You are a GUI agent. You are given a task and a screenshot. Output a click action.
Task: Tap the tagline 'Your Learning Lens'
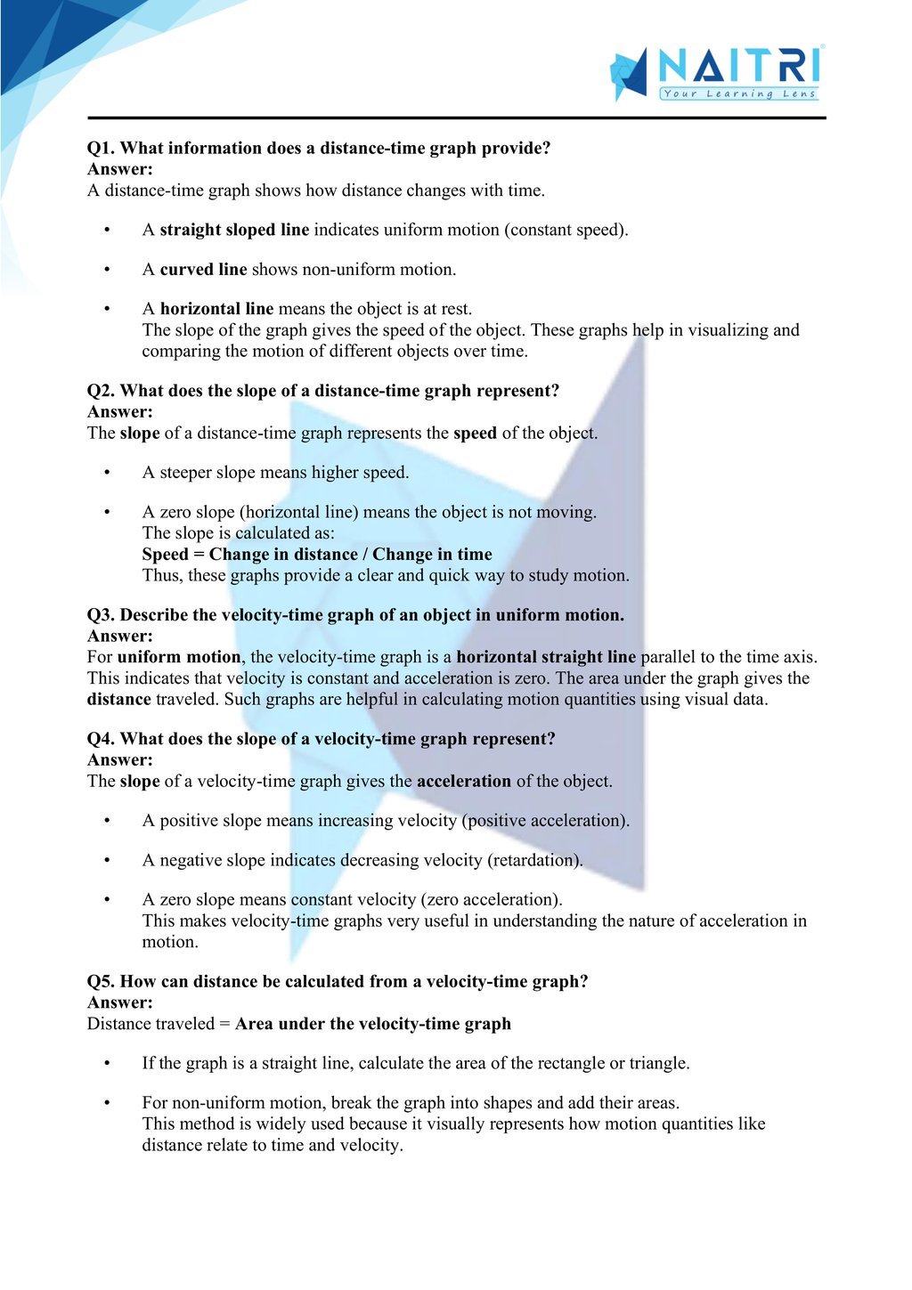coord(738,93)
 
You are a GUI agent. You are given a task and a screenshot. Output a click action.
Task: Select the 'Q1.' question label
coord(101,149)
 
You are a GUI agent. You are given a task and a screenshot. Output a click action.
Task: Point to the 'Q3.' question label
coord(101,615)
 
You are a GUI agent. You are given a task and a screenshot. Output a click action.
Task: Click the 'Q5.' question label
coord(101,982)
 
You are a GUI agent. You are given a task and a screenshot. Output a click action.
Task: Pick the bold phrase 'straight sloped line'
coord(234,230)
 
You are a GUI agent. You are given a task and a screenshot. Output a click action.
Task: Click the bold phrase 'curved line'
coord(203,270)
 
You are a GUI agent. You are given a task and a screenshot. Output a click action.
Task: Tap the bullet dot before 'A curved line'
coord(107,270)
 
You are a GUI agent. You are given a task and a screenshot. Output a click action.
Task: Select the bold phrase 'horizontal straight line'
coord(546,657)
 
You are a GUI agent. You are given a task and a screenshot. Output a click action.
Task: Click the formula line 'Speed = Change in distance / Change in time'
coord(317,555)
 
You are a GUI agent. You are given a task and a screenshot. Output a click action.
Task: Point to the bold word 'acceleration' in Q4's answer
coord(464,782)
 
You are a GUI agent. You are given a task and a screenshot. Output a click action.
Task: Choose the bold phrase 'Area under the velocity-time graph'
coord(373,1024)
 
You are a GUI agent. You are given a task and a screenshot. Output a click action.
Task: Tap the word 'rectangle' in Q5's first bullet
coord(569,1063)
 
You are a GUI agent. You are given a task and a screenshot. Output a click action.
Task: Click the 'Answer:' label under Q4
coord(120,760)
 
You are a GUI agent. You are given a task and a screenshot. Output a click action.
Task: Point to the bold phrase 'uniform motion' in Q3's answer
coord(179,657)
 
